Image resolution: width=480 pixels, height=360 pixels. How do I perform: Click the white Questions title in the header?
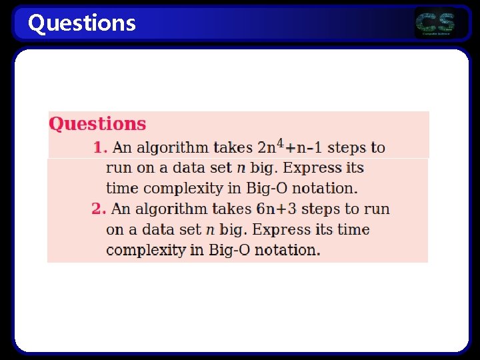81,23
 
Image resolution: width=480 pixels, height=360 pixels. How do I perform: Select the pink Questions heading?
97,124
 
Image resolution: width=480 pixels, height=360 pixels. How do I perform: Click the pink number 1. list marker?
101,147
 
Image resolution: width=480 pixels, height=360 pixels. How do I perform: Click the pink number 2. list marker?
99,209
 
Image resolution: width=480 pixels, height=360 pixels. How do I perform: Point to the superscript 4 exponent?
280,143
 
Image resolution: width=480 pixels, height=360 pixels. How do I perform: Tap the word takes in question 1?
233,147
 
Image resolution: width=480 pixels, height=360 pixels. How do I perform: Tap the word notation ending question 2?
289,250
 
